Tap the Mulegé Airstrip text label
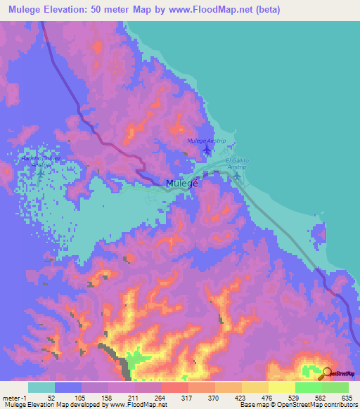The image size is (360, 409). pyautogui.click(x=205, y=141)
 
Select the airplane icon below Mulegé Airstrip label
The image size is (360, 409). pyautogui.click(x=206, y=150)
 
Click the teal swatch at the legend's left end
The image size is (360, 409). pyautogui.click(x=41, y=387)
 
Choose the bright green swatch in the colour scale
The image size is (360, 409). pyautogui.click(x=308, y=387)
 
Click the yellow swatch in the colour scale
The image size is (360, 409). pyautogui.click(x=281, y=387)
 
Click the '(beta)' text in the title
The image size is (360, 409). pyautogui.click(x=266, y=10)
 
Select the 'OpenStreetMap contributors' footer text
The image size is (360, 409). pyautogui.click(x=314, y=404)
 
